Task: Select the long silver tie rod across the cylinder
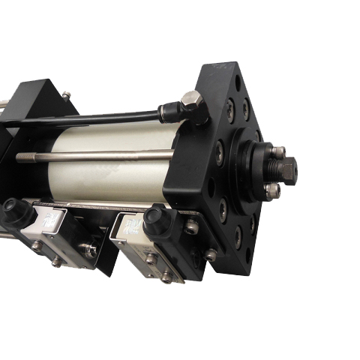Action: tap(97, 157)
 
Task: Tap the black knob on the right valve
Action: tap(155, 220)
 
